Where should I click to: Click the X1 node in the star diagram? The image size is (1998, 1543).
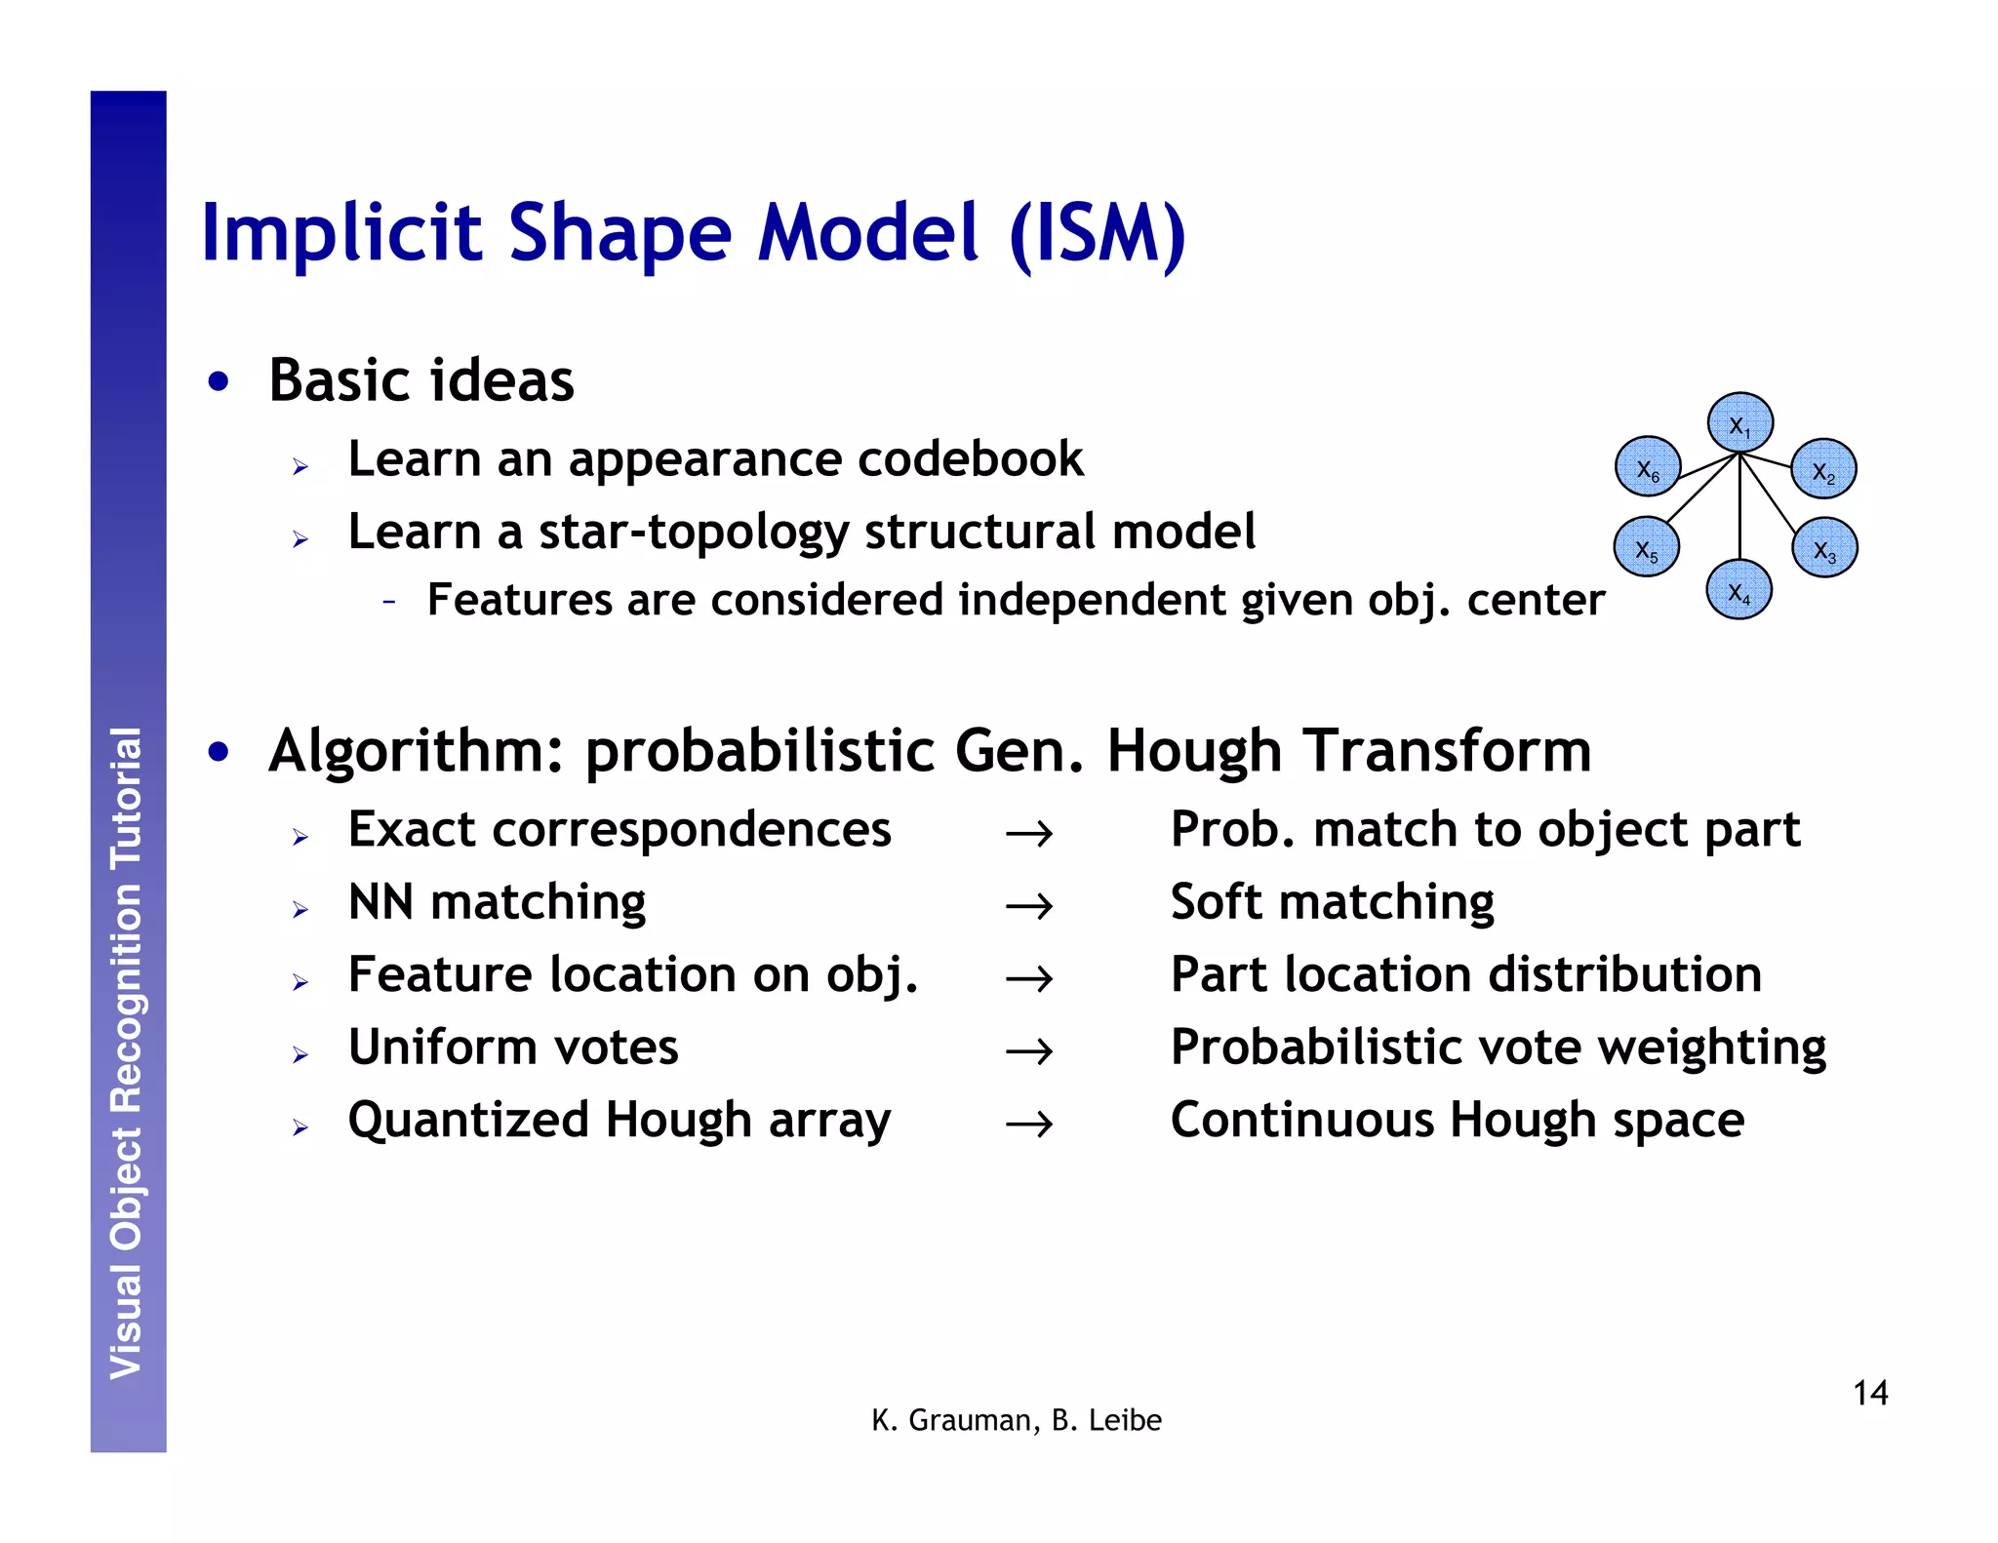pyautogui.click(x=1739, y=423)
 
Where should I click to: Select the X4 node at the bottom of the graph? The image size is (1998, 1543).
pyautogui.click(x=1738, y=590)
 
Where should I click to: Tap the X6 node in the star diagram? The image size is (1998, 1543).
pyautogui.click(x=1648, y=467)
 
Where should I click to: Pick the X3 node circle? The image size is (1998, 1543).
pyautogui.click(x=1824, y=548)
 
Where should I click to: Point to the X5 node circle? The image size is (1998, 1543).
pyautogui.click(x=1647, y=548)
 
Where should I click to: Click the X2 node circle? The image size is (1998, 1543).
pyautogui.click(x=1823, y=469)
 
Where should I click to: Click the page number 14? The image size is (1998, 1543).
pyautogui.click(x=1869, y=1393)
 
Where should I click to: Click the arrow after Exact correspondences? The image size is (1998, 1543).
pyautogui.click(x=1029, y=834)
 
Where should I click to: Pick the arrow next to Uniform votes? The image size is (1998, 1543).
pyautogui.click(x=1029, y=1051)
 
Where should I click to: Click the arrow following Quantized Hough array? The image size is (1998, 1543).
pyautogui.click(x=1029, y=1125)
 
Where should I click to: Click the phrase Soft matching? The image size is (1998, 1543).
pyautogui.click(x=1332, y=902)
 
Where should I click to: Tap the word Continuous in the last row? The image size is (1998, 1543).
pyautogui.click(x=1302, y=1120)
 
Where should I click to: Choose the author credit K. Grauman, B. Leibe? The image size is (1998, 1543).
pyautogui.click(x=1016, y=1420)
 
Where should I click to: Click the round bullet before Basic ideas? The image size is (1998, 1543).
pyautogui.click(x=219, y=381)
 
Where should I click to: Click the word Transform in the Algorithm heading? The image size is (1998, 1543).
pyautogui.click(x=1448, y=751)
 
